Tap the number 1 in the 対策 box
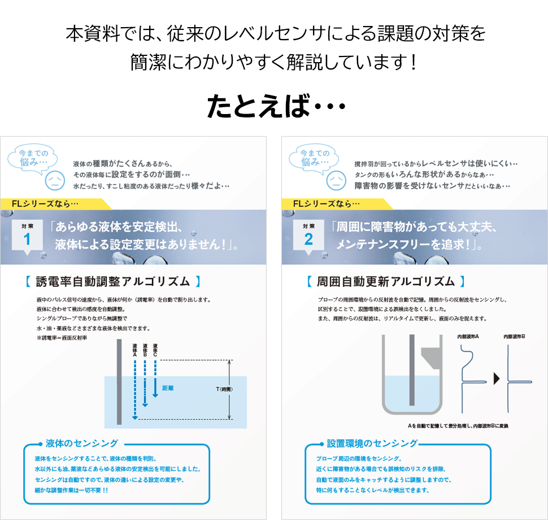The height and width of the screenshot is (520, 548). click(27, 239)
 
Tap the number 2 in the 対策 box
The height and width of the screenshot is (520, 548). click(308, 239)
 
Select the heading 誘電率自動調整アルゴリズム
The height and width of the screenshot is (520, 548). click(114, 281)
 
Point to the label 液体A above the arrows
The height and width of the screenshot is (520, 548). click(134, 351)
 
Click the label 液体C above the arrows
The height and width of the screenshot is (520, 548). click(155, 351)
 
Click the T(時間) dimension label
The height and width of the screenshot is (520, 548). click(224, 389)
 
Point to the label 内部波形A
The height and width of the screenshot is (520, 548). click(468, 337)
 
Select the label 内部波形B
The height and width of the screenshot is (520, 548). click(514, 337)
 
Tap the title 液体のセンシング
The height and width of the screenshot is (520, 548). click(82, 443)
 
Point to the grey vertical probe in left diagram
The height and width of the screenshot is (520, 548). click(118, 382)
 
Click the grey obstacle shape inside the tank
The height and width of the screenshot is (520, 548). click(430, 359)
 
